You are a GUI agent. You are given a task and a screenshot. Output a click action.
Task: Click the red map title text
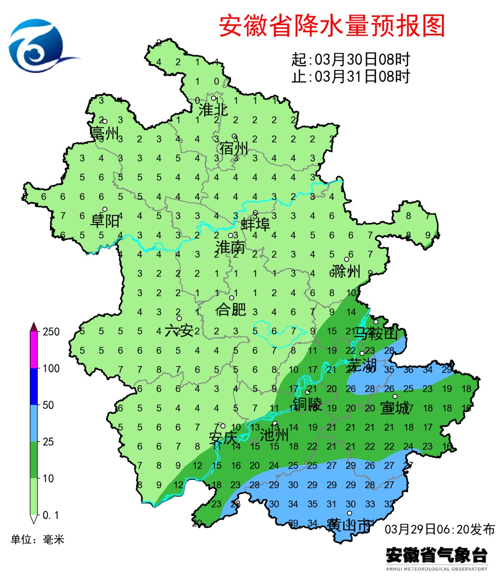click(332, 26)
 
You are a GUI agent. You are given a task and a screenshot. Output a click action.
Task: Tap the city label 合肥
click(231, 309)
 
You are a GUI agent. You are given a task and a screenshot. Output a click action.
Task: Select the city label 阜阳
click(105, 220)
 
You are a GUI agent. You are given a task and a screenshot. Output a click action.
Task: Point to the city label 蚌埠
click(255, 224)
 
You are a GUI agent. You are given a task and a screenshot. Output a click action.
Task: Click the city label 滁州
click(346, 271)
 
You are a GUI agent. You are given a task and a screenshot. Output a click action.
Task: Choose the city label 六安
click(179, 330)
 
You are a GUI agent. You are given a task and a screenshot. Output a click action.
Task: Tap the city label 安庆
click(223, 438)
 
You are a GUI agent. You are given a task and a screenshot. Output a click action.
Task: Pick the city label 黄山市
click(349, 525)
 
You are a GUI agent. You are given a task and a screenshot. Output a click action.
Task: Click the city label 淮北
click(213, 110)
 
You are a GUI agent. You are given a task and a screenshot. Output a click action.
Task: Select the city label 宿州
click(234, 148)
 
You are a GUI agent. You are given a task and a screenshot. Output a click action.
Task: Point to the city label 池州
click(274, 435)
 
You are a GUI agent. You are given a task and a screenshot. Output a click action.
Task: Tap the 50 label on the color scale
click(48, 405)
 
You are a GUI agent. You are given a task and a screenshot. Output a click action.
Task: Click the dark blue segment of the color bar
click(34, 387)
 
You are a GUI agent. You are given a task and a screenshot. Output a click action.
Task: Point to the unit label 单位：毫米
click(38, 539)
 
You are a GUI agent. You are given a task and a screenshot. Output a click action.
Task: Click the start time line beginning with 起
click(351, 59)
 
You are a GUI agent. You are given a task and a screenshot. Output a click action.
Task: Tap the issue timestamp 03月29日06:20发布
click(440, 529)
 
